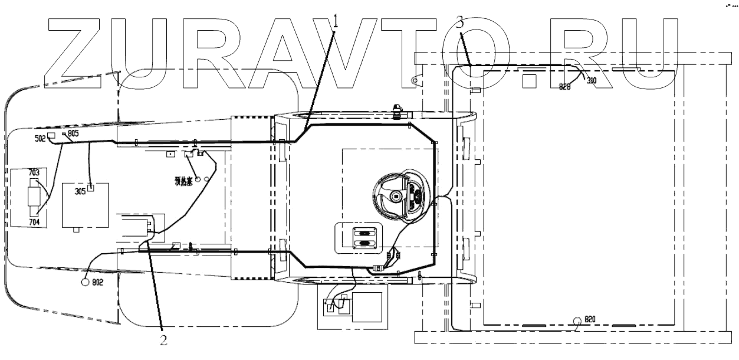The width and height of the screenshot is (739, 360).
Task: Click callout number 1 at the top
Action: coord(336,22)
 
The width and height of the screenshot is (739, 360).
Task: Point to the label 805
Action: coord(73,134)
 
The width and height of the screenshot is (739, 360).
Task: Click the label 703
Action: coord(34,172)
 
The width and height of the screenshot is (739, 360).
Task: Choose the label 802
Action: coord(97,283)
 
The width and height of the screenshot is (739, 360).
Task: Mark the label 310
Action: coord(592,80)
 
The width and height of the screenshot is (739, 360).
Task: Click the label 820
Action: coord(590,319)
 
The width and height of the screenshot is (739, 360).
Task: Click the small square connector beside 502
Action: coord(51,136)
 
